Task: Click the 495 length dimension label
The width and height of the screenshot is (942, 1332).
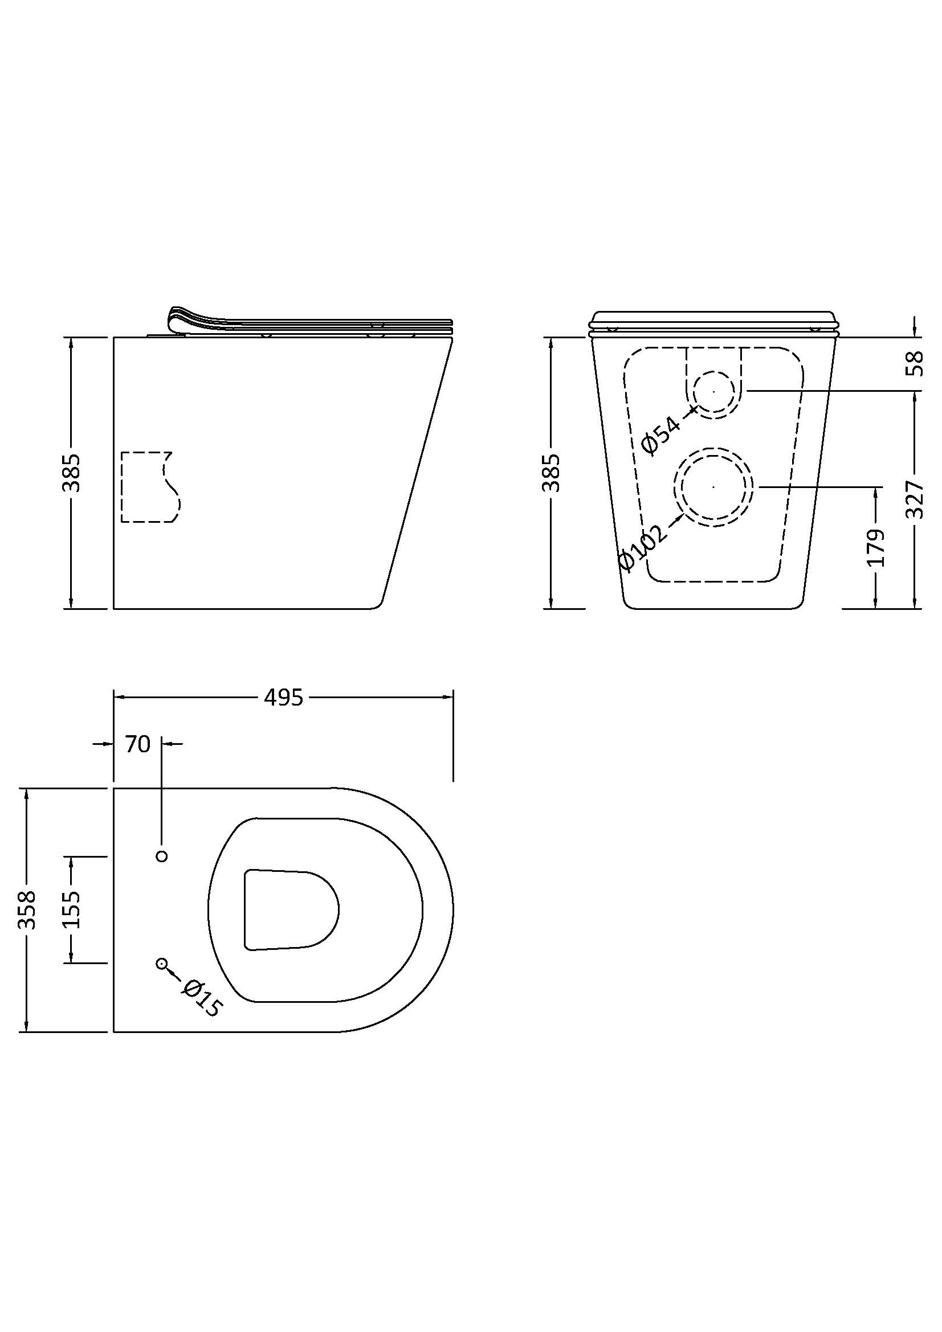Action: pos(283,698)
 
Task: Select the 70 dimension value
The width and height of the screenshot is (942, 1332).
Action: pos(137,744)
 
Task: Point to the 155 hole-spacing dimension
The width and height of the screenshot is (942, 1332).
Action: pos(71,909)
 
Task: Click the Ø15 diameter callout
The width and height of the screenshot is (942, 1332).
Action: pos(201,998)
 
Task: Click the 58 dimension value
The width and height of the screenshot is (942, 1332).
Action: pos(915,364)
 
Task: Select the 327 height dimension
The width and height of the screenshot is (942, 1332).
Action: pos(915,499)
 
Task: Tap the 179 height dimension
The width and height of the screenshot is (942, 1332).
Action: pos(876,547)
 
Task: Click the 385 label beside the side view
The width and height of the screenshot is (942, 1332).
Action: pos(71,473)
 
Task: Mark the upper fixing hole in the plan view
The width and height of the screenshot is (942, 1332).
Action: pos(162,856)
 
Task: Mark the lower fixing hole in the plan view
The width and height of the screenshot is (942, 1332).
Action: pos(162,964)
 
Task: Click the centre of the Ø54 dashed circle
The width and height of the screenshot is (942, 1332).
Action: pos(714,392)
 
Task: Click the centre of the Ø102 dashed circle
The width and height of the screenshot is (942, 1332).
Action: pos(714,487)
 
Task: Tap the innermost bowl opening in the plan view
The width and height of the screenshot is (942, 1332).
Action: pos(291,919)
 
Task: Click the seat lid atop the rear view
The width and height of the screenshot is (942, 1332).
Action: pos(713,323)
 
